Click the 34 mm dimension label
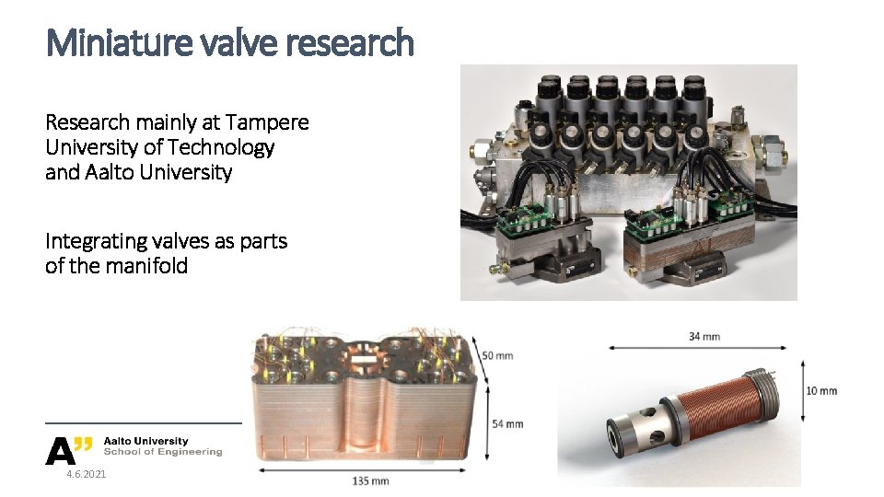704,336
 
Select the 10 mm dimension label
821,390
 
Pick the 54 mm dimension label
507,423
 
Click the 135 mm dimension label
370,480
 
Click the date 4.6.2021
86,474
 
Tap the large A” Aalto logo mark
69,449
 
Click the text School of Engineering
163,452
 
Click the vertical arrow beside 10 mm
793,390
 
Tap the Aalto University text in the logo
145,441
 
